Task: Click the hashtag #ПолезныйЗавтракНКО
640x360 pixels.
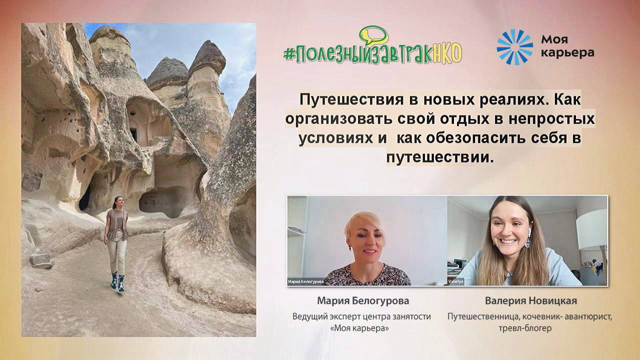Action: [x=372, y=52]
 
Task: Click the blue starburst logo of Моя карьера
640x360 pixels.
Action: [x=514, y=47]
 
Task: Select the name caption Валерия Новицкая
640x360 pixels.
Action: [x=531, y=300]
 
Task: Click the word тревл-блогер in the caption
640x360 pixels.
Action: [x=530, y=328]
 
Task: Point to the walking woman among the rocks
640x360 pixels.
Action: [x=116, y=240]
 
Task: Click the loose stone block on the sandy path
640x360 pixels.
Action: [x=41, y=260]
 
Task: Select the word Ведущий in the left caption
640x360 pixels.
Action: [x=309, y=316]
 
